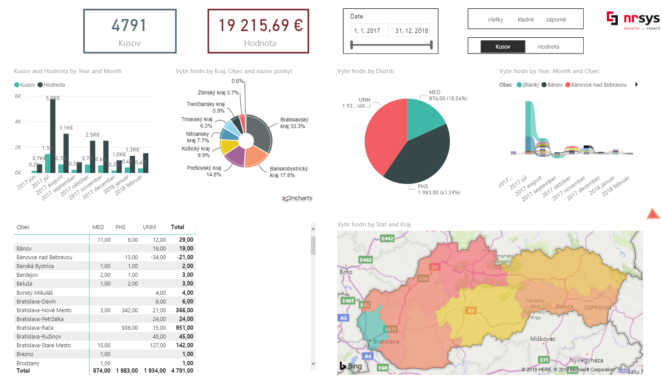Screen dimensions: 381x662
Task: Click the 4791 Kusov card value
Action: tap(129, 25)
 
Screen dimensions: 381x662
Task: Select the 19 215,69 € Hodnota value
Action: tap(260, 25)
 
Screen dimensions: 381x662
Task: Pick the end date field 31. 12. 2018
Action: tap(411, 31)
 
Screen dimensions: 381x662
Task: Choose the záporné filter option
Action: tap(556, 20)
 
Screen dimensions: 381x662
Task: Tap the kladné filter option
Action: tap(525, 20)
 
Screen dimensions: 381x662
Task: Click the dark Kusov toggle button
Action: tap(503, 46)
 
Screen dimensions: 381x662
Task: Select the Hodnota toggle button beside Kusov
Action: tap(548, 46)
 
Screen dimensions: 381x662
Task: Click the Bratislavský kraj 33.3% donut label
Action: tap(294, 123)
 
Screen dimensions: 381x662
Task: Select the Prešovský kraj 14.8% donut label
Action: tap(205, 171)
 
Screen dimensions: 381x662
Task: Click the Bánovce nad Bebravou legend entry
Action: tap(598, 85)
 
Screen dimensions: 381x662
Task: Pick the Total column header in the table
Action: tap(178, 227)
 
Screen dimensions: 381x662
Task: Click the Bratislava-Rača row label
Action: tap(35, 328)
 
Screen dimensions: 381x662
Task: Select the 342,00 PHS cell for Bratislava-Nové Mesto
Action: tap(130, 310)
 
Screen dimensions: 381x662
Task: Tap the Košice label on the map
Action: tap(564, 306)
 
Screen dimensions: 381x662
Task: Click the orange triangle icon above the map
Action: tap(653, 214)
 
